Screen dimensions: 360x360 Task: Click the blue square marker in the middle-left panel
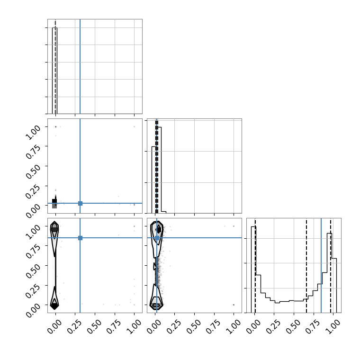tap(80, 203)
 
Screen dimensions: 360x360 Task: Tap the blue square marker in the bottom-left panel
tap(80, 238)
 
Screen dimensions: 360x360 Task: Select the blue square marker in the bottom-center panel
tap(157, 238)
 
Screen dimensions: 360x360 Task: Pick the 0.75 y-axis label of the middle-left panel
tap(33, 152)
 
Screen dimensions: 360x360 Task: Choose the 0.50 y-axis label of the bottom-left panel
tap(33, 271)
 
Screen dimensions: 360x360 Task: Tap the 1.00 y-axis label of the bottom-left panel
tap(33, 232)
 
